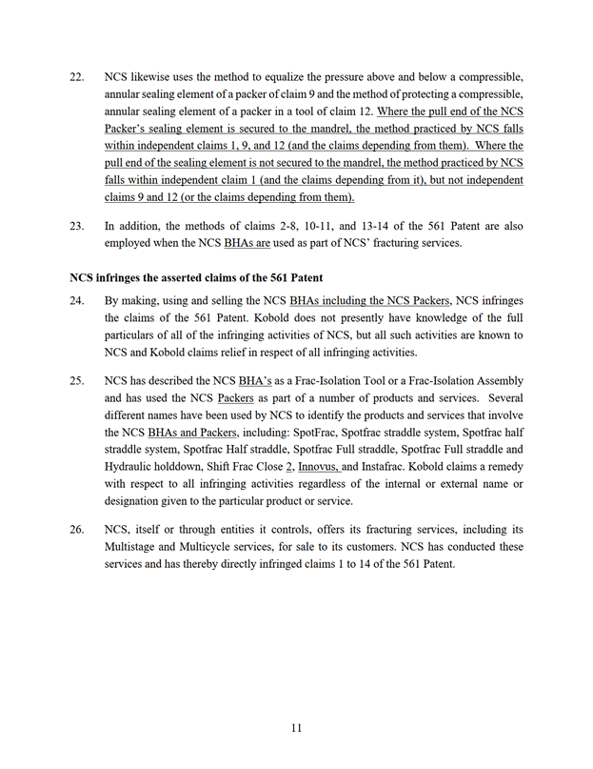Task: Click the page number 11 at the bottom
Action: coord(296,729)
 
